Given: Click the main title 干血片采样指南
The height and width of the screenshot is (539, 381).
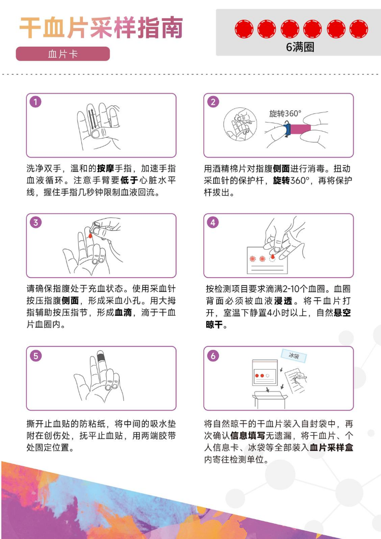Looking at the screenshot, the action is (101, 27).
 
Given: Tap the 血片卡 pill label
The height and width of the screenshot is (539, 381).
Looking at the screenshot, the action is (63, 54).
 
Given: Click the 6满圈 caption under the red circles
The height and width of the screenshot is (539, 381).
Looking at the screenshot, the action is (300, 47).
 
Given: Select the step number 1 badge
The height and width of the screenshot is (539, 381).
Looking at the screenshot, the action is (36, 102).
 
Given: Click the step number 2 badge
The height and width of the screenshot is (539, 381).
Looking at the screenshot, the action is (213, 102).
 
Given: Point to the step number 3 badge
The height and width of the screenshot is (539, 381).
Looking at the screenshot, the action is (36, 222).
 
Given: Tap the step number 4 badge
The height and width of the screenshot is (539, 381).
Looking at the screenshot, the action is (213, 222).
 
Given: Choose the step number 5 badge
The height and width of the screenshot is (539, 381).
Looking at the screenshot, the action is (36, 355).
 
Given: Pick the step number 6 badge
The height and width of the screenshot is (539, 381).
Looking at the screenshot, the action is (213, 355).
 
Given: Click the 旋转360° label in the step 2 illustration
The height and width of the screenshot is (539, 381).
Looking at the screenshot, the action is (285, 113).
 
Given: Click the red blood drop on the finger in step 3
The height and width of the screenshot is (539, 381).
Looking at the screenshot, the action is (90, 235).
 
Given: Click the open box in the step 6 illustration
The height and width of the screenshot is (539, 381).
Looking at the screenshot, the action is (270, 400).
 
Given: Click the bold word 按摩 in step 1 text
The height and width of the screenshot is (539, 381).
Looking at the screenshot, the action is (106, 168).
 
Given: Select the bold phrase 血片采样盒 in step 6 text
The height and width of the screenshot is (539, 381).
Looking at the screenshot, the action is (332, 447).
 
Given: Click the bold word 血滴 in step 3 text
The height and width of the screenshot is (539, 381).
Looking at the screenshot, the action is (123, 313).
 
